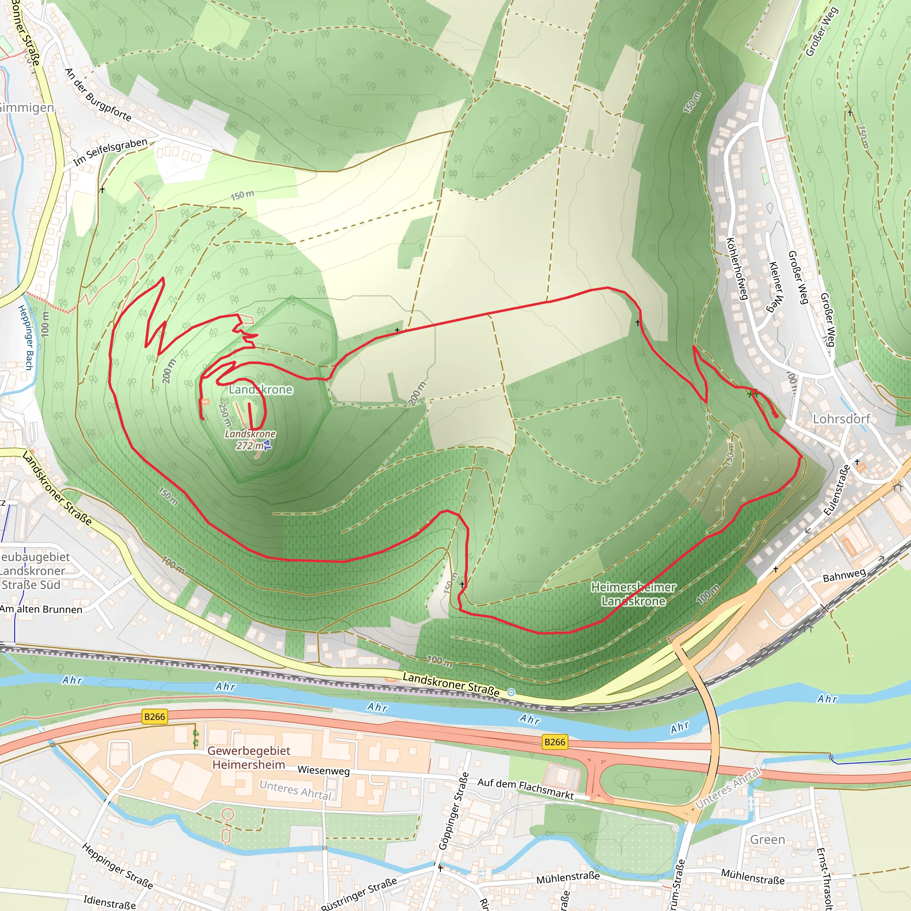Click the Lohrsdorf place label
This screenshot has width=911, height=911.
(841, 419)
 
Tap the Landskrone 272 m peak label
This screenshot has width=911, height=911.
(250, 439)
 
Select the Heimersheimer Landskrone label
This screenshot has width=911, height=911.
(633, 594)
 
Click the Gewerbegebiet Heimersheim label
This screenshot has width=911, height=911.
(249, 757)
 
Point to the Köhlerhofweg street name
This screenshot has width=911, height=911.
(737, 269)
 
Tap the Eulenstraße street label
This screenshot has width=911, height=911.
(837, 490)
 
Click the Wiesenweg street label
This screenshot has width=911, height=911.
(323, 770)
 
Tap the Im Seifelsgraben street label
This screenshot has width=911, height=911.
(110, 152)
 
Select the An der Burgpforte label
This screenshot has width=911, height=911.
(97, 95)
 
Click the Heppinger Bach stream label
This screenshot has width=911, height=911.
(26, 337)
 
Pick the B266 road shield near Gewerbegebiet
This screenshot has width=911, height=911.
(155, 717)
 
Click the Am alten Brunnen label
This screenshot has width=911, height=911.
(41, 609)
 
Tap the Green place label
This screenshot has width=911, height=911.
(768, 840)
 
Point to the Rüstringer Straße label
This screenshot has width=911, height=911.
(358, 893)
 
